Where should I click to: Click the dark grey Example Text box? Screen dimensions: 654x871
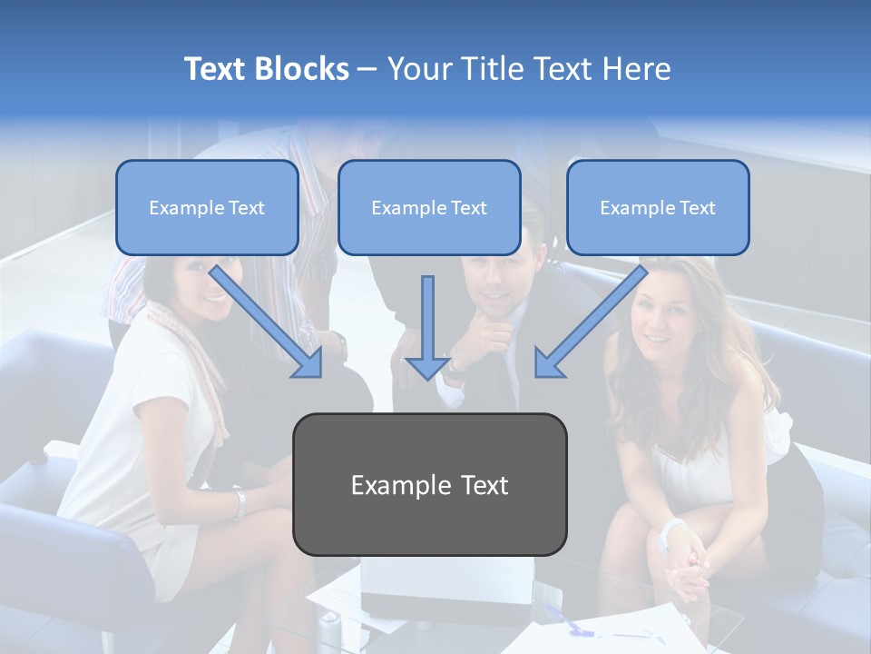point(430,485)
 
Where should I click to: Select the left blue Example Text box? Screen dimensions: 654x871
point(207,208)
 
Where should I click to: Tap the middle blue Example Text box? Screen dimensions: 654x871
point(429,208)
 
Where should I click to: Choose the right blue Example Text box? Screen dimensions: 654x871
point(658,208)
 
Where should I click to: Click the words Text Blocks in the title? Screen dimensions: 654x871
point(266,69)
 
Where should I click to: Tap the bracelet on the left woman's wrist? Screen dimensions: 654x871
point(240,504)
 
